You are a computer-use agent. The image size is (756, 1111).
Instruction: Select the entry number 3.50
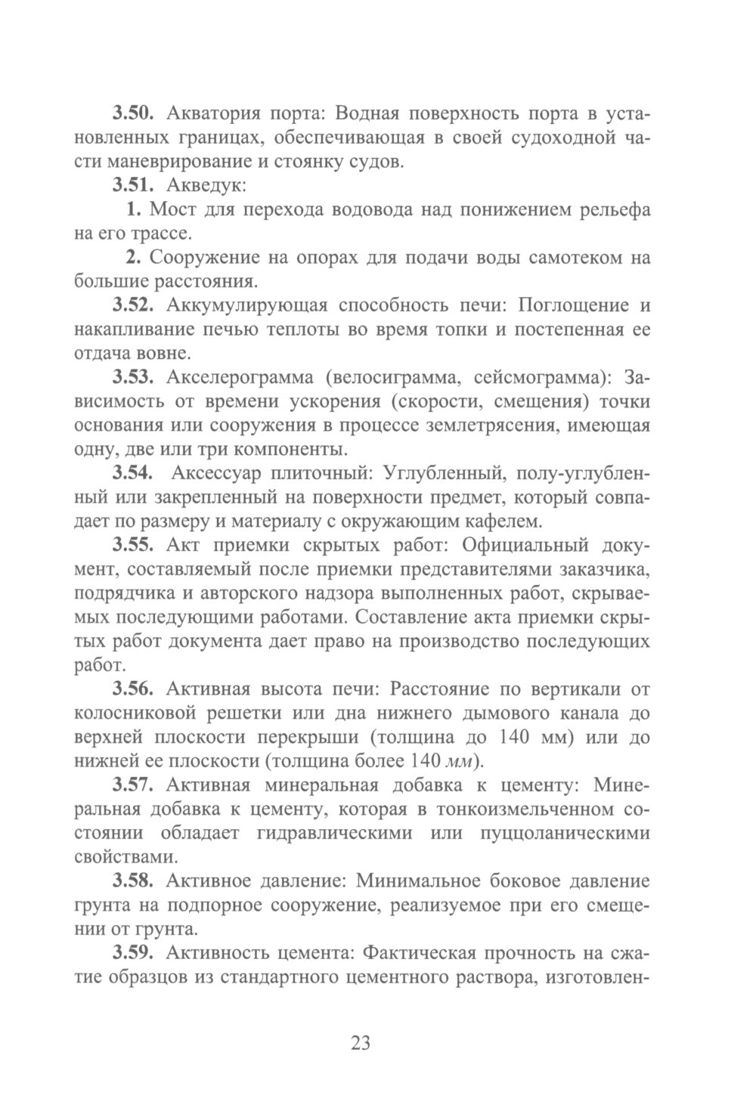134,115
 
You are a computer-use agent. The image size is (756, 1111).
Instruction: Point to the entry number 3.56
134,689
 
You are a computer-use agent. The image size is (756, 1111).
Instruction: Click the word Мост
173,209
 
